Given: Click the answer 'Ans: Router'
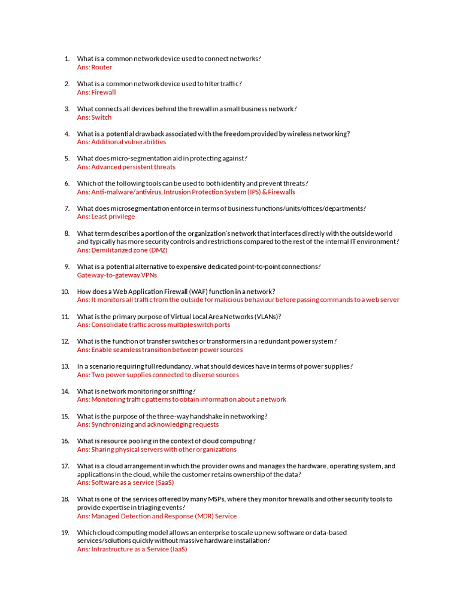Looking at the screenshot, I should tap(95, 67).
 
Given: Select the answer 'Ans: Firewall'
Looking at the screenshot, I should tap(96, 92).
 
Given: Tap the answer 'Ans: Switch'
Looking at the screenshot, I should tap(95, 117).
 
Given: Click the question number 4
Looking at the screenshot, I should tap(67, 133).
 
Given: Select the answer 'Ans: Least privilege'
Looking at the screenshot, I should tap(106, 217).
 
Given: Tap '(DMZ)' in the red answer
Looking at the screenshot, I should tap(158, 250).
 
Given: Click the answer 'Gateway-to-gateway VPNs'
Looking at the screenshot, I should tap(117, 275).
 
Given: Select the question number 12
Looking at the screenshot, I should tap(65, 341).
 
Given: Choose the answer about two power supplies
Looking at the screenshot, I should tap(158, 375).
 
